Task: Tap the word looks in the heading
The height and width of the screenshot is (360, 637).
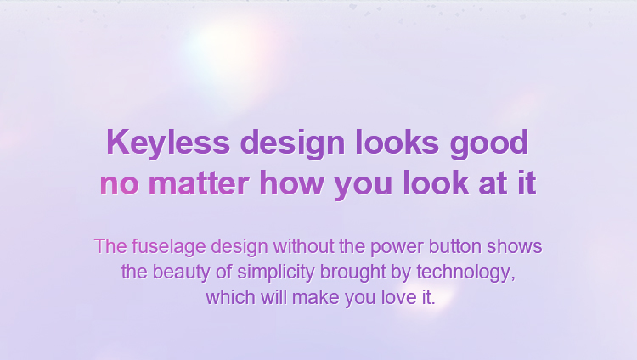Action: pyautogui.click(x=397, y=142)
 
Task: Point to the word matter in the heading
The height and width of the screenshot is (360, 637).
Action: pyautogui.click(x=199, y=183)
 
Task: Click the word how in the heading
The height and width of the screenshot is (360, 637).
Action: pyautogui.click(x=291, y=183)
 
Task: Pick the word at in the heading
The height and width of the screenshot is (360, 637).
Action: pyautogui.click(x=493, y=183)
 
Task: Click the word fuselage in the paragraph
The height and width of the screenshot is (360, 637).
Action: pyautogui.click(x=169, y=247)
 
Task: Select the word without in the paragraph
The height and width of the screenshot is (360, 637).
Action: pyautogui.click(x=303, y=246)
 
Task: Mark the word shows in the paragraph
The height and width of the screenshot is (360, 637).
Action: pyautogui.click(x=515, y=246)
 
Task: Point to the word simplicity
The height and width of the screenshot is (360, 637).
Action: pyautogui.click(x=276, y=273)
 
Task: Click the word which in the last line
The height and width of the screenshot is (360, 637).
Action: pyautogui.click(x=230, y=297)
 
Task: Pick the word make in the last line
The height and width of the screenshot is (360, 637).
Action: pyautogui.click(x=316, y=297)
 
